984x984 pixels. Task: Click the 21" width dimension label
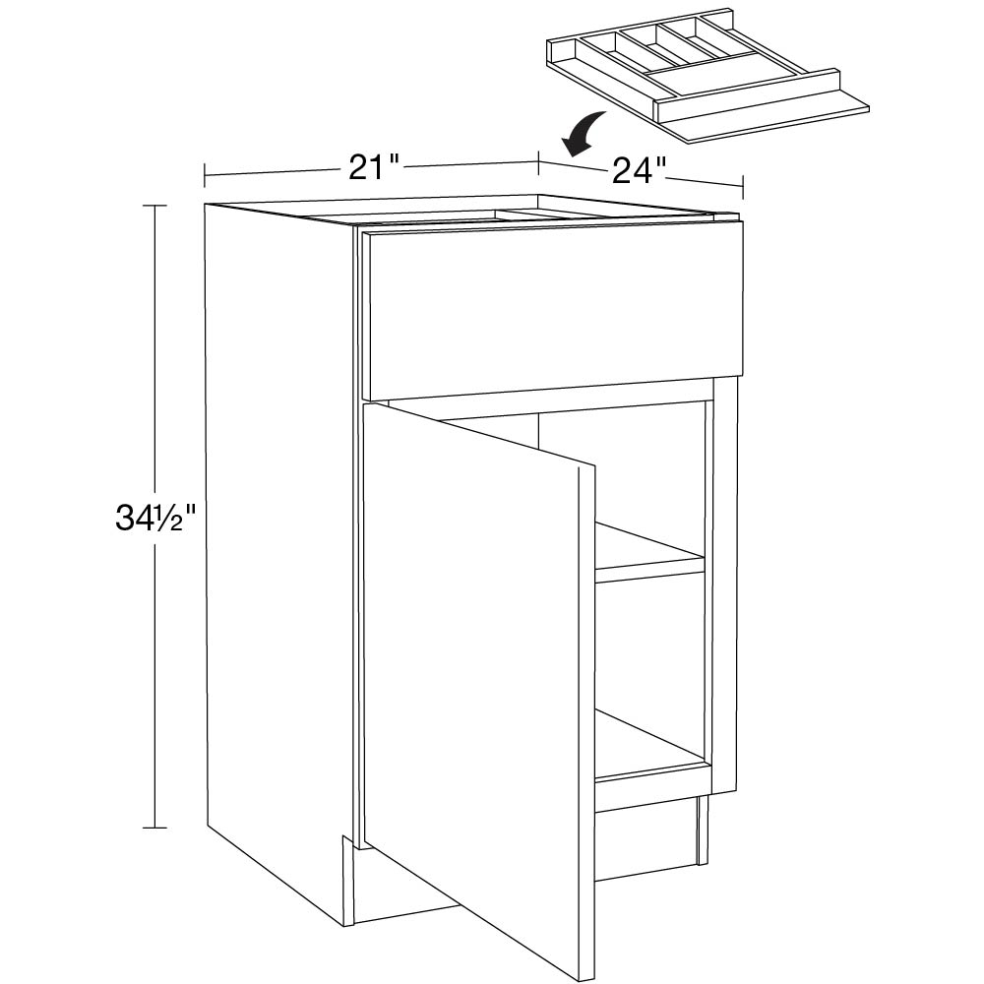(x=374, y=167)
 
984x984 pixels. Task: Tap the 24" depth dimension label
(x=639, y=170)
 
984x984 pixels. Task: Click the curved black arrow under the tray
(x=583, y=134)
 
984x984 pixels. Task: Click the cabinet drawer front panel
(x=555, y=311)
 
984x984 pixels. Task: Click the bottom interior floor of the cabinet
(x=649, y=747)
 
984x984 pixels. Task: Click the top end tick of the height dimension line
(x=156, y=206)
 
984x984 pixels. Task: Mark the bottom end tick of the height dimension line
(x=156, y=828)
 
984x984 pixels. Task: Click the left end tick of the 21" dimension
(x=205, y=176)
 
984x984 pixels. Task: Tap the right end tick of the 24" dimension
(x=744, y=186)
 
